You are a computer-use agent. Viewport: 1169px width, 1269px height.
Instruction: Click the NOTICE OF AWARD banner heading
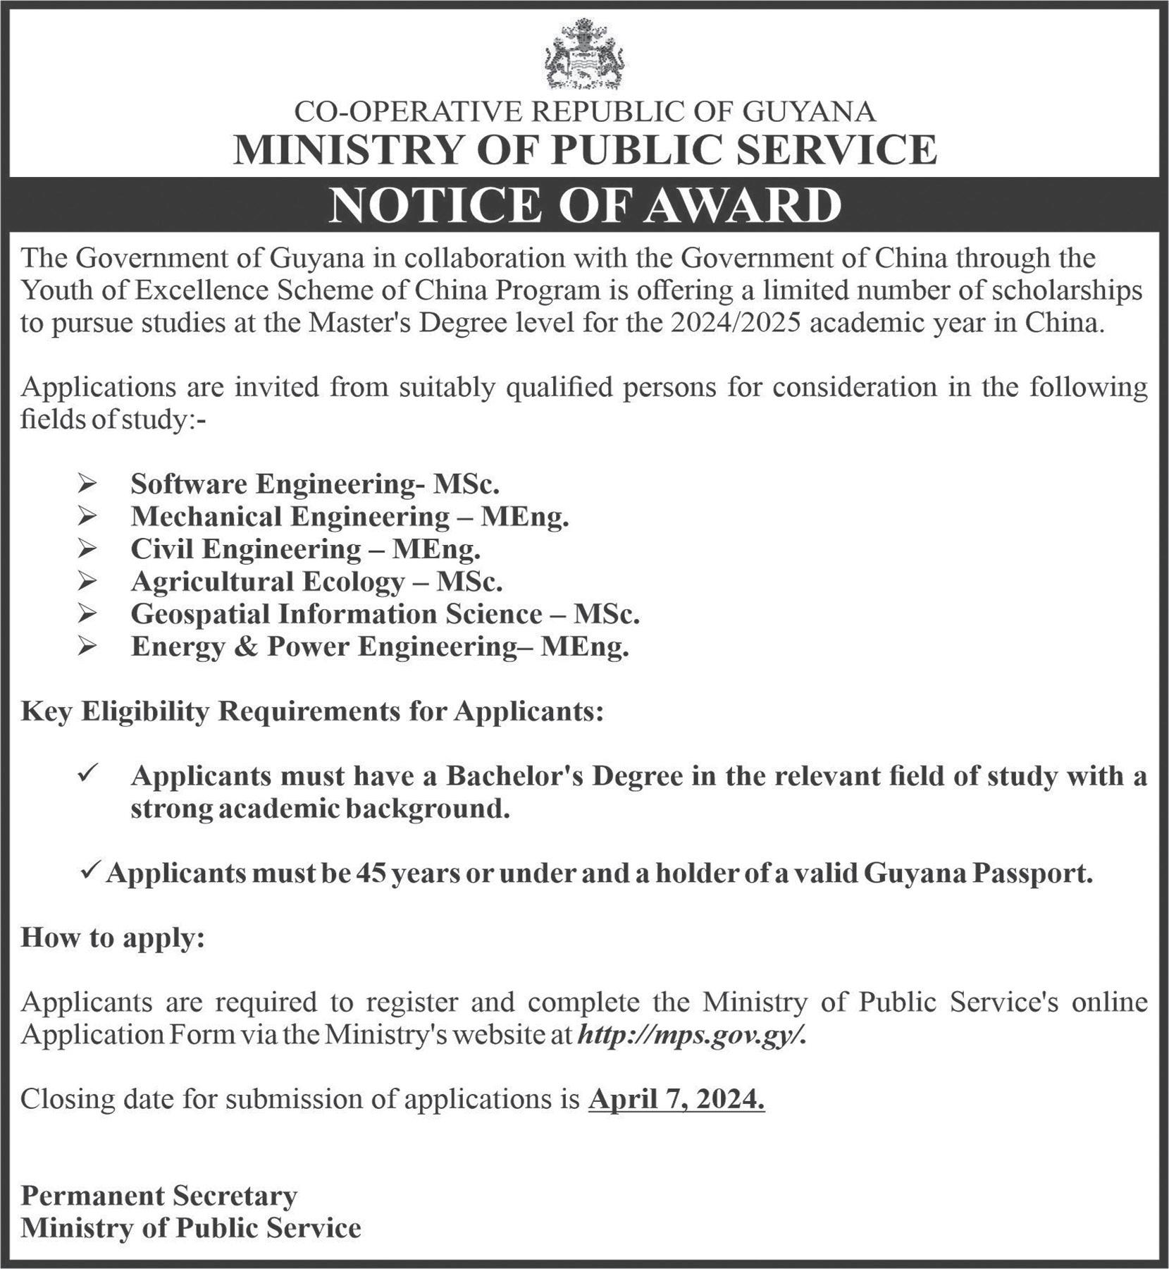585,205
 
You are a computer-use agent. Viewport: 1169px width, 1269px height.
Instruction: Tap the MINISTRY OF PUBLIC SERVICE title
585,149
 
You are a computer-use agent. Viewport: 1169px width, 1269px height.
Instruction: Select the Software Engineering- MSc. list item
315,484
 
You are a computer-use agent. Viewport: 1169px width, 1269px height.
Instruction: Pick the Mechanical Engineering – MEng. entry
349,517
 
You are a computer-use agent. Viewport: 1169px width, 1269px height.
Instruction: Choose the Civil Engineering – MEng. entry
305,549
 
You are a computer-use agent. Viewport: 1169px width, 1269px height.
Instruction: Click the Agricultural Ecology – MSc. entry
316,582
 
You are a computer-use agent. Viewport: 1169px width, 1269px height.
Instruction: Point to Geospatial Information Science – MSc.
385,614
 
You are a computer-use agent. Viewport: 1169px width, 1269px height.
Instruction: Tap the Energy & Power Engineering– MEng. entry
379,647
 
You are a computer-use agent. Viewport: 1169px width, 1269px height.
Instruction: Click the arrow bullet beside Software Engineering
87,485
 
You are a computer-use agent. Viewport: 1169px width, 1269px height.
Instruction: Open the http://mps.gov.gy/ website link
691,1035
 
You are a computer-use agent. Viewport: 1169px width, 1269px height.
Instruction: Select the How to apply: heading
113,938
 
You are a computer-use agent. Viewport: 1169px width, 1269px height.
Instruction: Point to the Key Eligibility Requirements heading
312,712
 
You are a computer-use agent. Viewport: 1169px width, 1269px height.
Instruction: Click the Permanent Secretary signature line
159,1196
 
